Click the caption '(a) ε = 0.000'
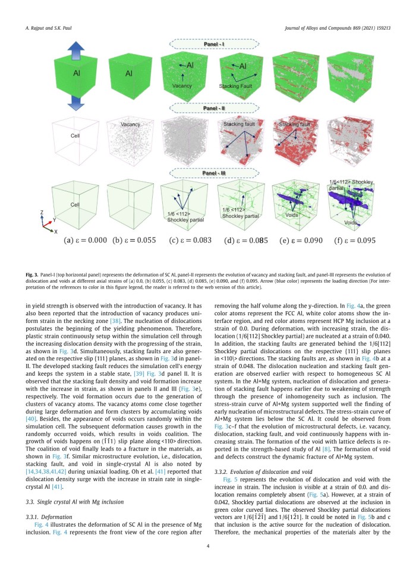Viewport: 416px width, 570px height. click(x=80, y=240)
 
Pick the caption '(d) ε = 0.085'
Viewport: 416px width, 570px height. click(x=244, y=240)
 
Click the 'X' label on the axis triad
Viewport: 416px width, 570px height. click(x=55, y=232)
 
